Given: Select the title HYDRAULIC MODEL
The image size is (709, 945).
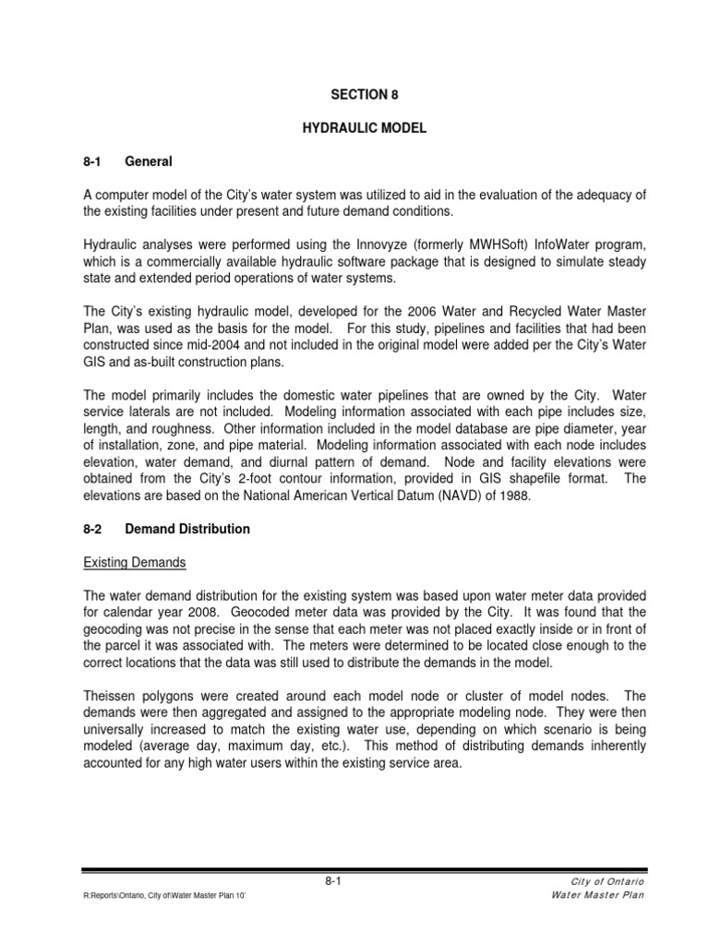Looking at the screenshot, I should pos(365,128).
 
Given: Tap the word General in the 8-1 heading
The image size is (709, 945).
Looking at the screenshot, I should pos(149,161).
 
